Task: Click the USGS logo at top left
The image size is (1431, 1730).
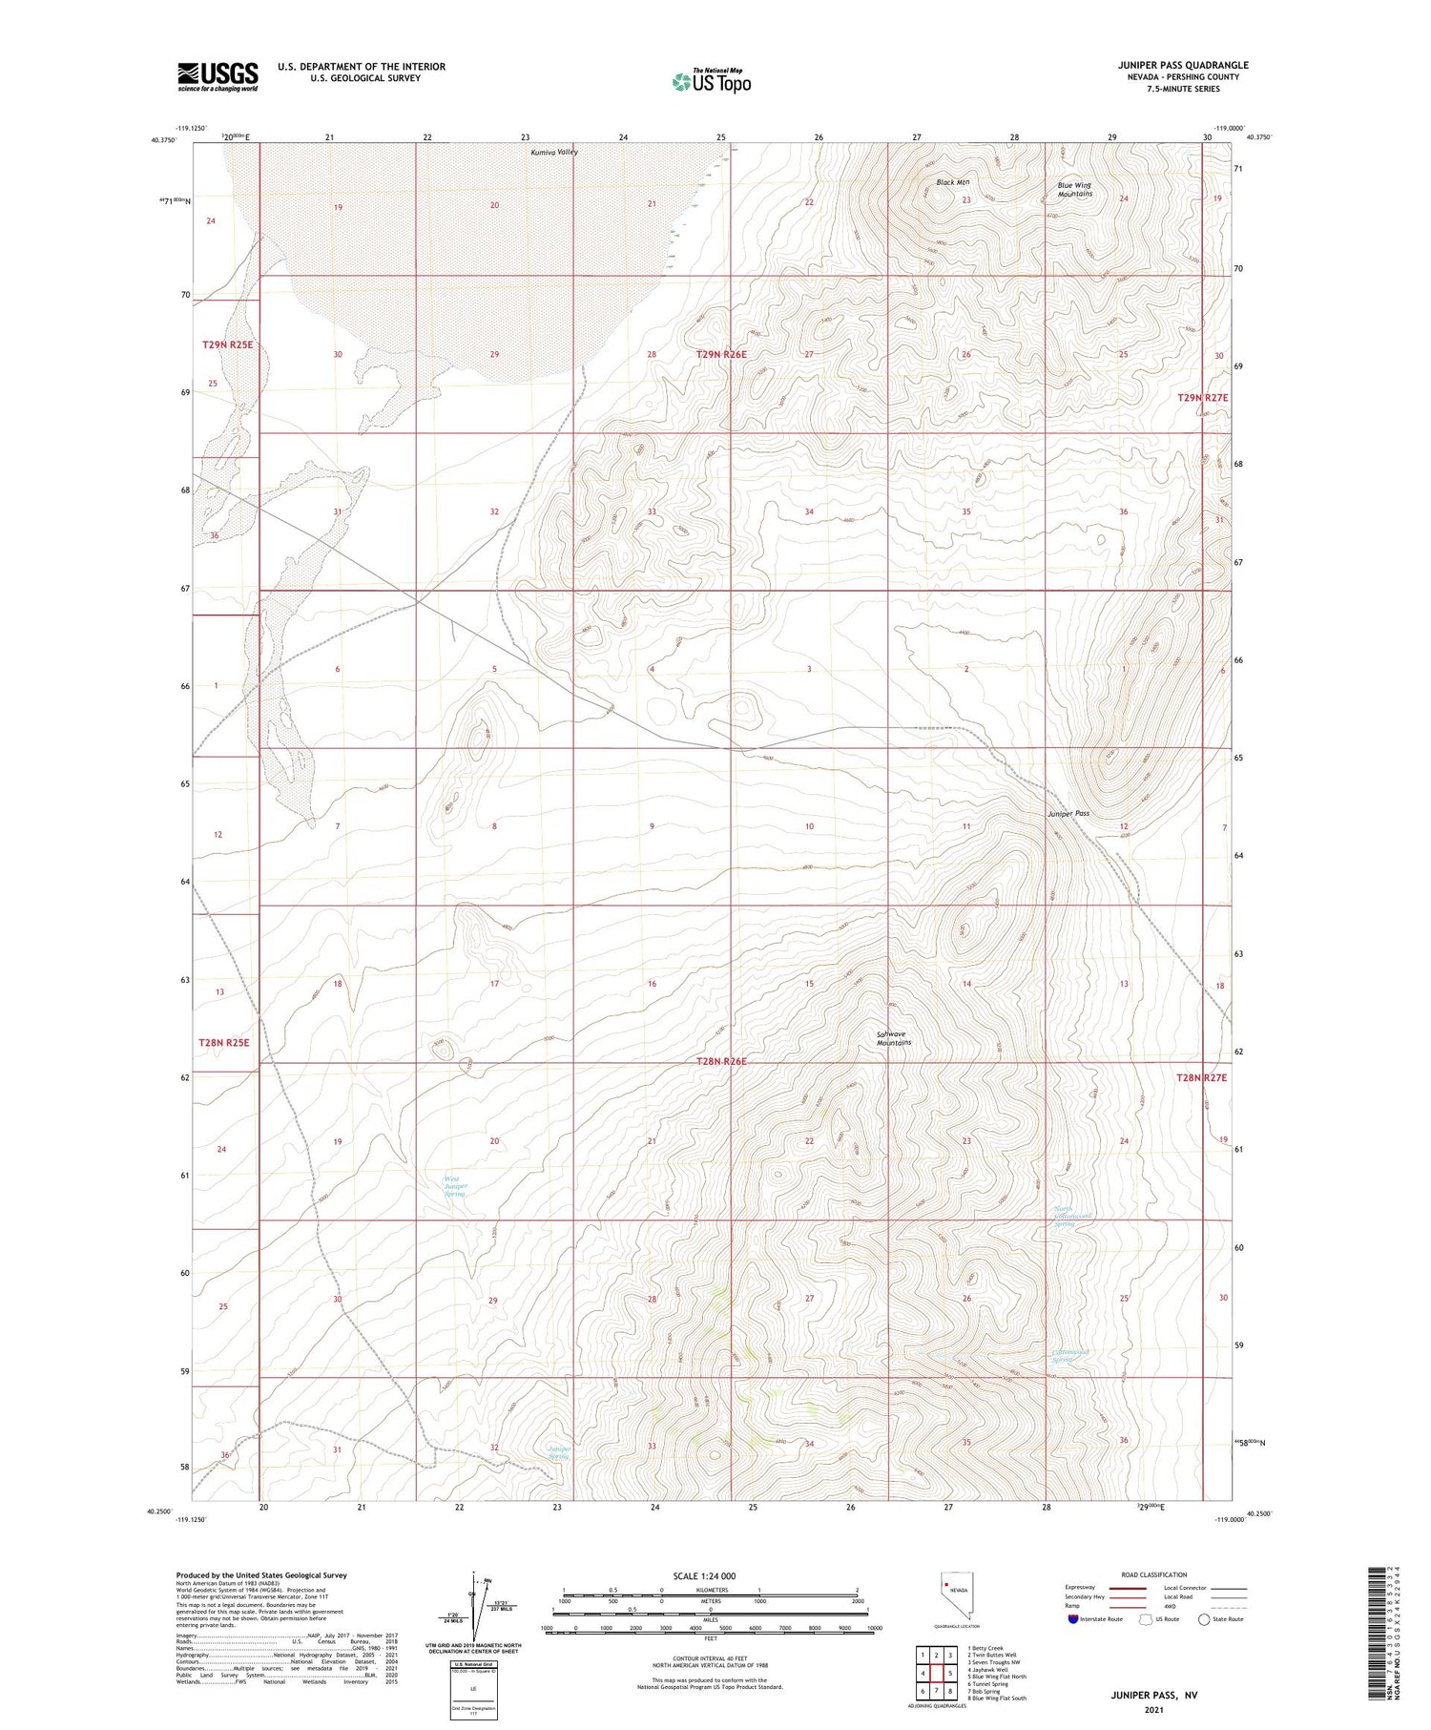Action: point(218,76)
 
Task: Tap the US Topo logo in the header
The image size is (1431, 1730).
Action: point(711,82)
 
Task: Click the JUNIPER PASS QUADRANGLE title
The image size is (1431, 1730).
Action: point(1183,65)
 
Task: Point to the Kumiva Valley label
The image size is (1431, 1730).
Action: point(554,152)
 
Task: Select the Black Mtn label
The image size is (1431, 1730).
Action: point(952,182)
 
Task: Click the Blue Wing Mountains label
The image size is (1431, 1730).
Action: point(1074,189)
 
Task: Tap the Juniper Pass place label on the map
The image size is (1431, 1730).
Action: point(1068,813)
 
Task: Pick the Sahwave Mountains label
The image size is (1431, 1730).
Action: point(894,1038)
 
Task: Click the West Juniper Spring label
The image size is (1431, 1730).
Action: point(455,1186)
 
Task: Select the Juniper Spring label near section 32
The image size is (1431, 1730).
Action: point(559,1452)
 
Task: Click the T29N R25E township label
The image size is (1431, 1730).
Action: point(228,344)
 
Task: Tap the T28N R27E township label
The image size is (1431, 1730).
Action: point(1201,1076)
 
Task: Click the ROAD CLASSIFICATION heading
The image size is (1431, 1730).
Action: point(1153,1574)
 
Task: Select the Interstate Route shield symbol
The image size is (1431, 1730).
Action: point(1073,1619)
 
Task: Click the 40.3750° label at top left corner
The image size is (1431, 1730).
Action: point(163,140)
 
